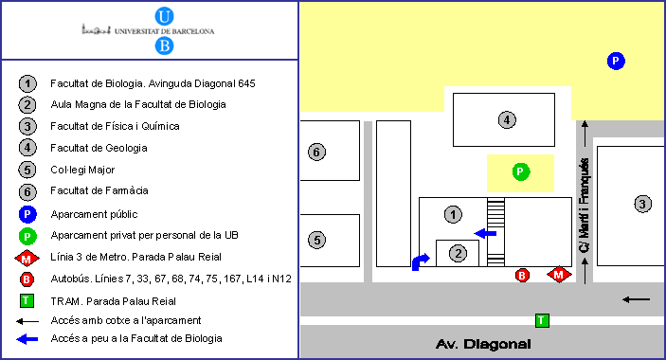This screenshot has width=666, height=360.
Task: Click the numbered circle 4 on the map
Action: point(507,119)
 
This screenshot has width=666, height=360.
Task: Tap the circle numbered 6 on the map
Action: point(316,152)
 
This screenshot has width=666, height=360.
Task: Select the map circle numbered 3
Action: point(642,205)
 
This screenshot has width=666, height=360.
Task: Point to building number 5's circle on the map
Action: point(316,241)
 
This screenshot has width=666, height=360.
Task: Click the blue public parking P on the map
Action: point(616,61)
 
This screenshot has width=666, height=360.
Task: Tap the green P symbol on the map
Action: point(521,171)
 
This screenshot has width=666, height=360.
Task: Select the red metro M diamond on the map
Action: point(559,275)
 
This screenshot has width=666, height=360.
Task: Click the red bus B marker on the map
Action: point(522,276)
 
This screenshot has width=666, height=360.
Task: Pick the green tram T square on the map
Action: point(542,320)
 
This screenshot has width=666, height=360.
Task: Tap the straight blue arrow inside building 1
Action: point(485,233)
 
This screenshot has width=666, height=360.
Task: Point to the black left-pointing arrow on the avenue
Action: point(637,299)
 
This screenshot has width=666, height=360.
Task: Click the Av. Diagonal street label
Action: point(483,344)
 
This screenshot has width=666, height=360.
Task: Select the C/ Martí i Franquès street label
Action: point(585,206)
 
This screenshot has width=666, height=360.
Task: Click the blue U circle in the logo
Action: point(164,16)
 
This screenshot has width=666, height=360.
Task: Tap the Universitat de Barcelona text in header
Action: point(165,31)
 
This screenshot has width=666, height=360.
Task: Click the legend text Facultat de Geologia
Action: point(99,148)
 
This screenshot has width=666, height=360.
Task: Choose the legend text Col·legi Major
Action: point(82,170)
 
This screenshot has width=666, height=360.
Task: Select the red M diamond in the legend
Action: point(27,259)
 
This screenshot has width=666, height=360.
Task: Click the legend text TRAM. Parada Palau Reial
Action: point(113,301)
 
